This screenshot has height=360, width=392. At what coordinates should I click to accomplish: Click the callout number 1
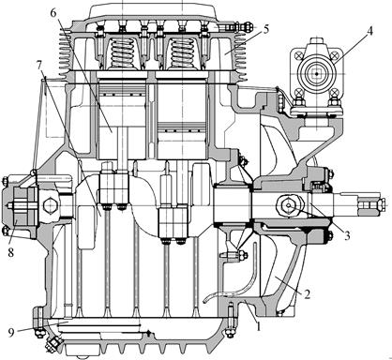click(x=258, y=326)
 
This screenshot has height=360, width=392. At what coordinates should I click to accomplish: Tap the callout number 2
click(x=307, y=294)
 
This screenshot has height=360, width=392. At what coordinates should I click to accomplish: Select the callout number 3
click(x=347, y=235)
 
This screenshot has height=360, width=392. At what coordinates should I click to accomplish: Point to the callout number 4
click(x=369, y=32)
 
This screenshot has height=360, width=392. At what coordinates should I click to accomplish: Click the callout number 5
click(x=265, y=30)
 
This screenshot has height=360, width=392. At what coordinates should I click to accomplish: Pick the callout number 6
click(x=53, y=13)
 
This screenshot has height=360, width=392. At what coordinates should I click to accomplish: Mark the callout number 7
click(x=38, y=66)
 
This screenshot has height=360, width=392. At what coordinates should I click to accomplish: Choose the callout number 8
click(x=11, y=252)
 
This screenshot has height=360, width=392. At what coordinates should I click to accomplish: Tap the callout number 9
click(x=11, y=333)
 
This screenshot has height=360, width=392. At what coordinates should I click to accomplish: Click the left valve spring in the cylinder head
click(x=123, y=53)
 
